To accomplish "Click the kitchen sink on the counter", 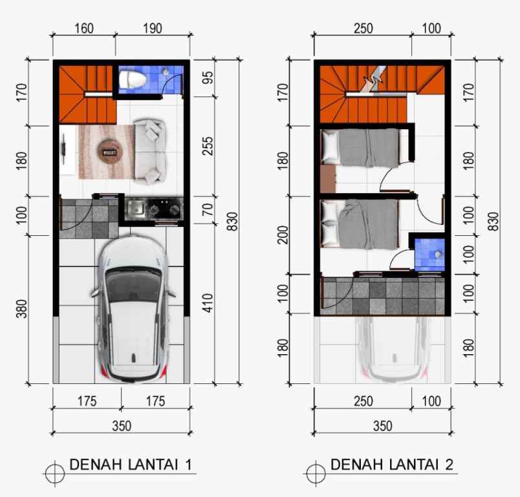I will [137, 208].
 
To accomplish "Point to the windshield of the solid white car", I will [133, 284].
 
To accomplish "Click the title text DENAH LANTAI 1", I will [129, 464].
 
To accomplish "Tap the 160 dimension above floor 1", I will [84, 28].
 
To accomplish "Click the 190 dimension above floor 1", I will [152, 28].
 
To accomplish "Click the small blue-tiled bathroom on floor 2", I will [429, 254].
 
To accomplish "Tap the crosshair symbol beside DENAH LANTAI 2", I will [316, 473].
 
